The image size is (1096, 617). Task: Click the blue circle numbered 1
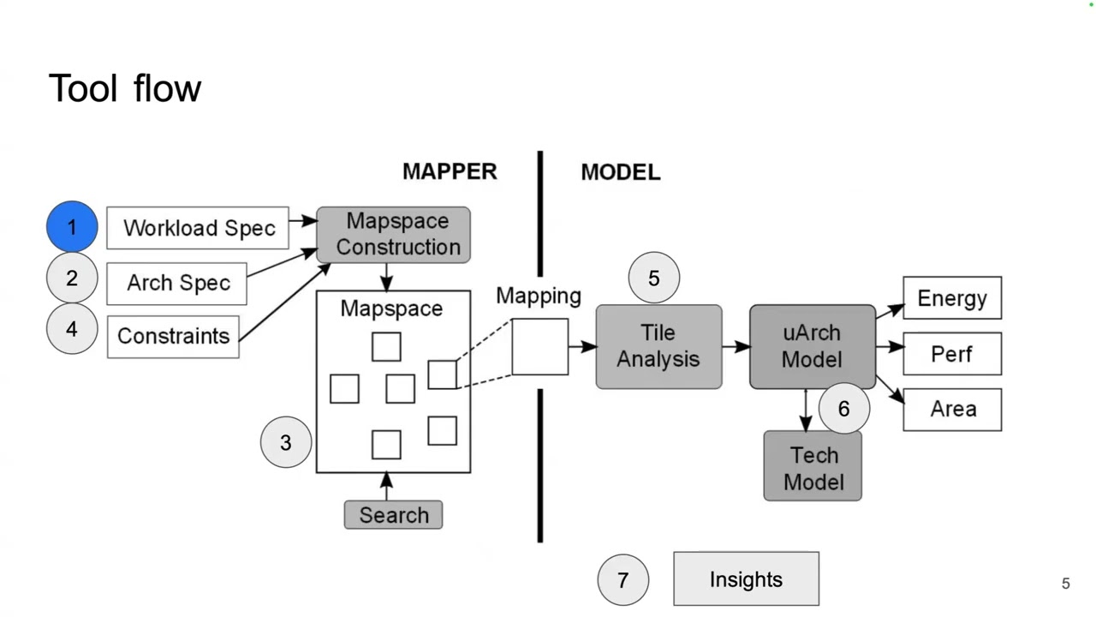[x=72, y=227]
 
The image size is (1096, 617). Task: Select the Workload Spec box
[x=198, y=228]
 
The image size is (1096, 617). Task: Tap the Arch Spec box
[x=177, y=284]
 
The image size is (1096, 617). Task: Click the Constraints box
[x=173, y=336]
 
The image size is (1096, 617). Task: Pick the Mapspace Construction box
[x=394, y=234]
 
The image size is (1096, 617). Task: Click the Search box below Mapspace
[x=393, y=515]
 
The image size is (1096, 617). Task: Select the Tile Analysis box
[x=658, y=346]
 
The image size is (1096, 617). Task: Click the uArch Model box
[x=812, y=346]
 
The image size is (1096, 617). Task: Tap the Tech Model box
[x=813, y=467]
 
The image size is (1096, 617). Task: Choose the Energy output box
[x=952, y=298]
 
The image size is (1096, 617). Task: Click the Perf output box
[x=952, y=354]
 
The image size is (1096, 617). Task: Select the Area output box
[x=952, y=409]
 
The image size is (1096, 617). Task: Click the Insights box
[x=746, y=579]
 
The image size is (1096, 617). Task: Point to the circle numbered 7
[x=623, y=580]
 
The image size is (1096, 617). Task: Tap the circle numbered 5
[x=654, y=279]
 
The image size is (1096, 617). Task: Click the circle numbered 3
[x=286, y=442]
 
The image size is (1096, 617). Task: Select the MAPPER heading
[x=450, y=171]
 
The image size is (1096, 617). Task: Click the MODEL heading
[x=621, y=172]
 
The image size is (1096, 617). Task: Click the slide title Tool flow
[x=125, y=88]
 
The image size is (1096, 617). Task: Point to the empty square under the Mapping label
[x=540, y=347]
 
